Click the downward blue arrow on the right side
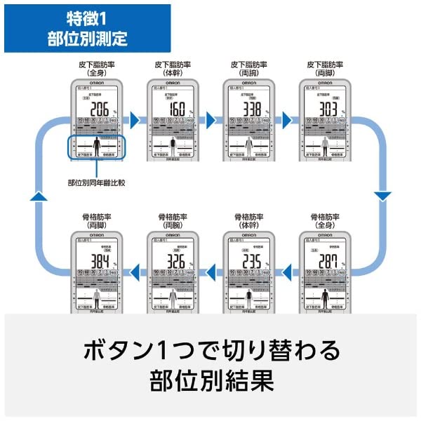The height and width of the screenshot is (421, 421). (x=381, y=194)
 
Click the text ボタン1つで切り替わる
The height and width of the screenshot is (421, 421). (x=210, y=349)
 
